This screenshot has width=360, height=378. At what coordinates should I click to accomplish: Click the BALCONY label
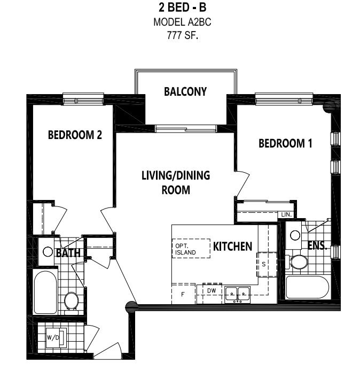tap(185, 91)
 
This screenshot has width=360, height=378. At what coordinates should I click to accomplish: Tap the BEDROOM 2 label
tap(75, 135)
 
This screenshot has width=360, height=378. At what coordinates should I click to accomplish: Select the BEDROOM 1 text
tap(285, 143)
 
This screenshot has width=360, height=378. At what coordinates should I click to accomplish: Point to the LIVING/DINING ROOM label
tap(176, 182)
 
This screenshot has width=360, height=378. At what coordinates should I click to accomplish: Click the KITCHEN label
tap(233, 246)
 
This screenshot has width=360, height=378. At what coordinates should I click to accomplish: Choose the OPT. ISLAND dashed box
tap(191, 249)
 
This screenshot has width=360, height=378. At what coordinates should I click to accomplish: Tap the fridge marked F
tap(183, 294)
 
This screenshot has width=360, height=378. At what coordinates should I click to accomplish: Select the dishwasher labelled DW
tap(212, 293)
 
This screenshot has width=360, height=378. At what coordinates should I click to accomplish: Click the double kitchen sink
tap(238, 295)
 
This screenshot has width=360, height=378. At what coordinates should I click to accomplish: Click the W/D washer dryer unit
tap(56, 337)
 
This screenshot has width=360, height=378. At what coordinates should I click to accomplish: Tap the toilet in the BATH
tap(71, 303)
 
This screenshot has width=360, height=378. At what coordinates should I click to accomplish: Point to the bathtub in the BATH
tap(45, 292)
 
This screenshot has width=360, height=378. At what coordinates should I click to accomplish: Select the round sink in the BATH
tap(48, 252)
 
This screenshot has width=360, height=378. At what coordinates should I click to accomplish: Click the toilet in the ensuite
tap(297, 262)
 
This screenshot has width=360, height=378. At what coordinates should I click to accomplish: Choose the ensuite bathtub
tap(307, 288)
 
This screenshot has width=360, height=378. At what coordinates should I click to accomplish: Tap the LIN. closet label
tap(286, 214)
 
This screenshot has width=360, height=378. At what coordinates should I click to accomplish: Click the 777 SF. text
tap(182, 36)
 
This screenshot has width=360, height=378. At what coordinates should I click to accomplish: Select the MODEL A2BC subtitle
tap(182, 22)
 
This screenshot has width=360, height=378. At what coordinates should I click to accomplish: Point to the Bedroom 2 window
tap(83, 99)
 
